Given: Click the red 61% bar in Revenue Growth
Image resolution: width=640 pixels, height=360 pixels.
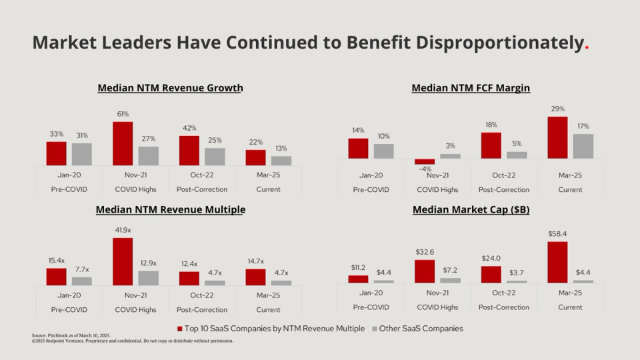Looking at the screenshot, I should click(x=123, y=143).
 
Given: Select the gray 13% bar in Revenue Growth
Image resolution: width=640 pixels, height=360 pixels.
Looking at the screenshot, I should click(x=281, y=161).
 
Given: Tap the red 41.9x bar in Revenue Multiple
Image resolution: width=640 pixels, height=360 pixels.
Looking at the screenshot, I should click(x=123, y=261).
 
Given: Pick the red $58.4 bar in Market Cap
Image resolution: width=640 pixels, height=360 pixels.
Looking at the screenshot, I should click(x=557, y=262).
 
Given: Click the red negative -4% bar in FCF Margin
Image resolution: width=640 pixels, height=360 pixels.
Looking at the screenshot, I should click(x=425, y=161).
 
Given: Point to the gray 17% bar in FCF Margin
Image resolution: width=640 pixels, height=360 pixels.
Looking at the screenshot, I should click(x=583, y=146).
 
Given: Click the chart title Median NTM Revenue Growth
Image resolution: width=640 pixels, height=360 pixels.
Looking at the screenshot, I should click(x=170, y=88).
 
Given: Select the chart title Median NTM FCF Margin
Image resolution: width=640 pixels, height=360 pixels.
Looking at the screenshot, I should click(x=471, y=88).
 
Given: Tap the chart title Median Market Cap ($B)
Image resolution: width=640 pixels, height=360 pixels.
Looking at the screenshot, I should click(x=471, y=209).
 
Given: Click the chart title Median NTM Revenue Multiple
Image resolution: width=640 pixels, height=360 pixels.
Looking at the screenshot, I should click(x=170, y=209).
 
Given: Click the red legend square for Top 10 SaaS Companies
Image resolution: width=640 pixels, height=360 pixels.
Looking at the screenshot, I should click(x=180, y=329).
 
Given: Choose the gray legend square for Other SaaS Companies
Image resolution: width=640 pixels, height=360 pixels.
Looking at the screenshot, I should click(x=374, y=329).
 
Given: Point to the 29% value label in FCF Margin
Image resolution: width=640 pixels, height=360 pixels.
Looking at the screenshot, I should click(x=557, y=109).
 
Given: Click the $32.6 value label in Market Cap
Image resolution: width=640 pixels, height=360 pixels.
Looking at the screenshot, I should click(x=425, y=252).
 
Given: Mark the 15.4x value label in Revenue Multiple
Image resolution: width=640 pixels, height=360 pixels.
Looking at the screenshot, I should click(x=57, y=260).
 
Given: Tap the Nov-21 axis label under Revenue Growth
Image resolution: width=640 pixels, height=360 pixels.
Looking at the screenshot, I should click(x=135, y=175).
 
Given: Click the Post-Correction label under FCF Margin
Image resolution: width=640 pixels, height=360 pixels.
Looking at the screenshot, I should click(x=503, y=189).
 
